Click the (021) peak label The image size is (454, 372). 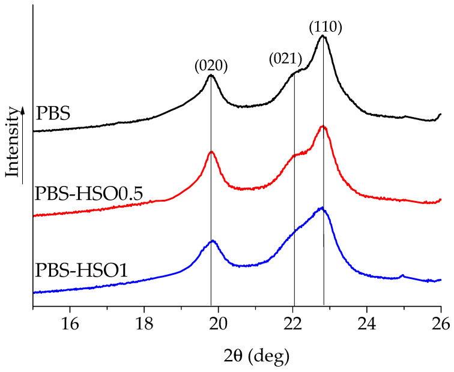click(x=285, y=59)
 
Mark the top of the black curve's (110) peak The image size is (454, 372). click(x=323, y=37)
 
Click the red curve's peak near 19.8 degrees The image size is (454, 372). click(x=211, y=152)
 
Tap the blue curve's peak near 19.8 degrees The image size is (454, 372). click(x=212, y=241)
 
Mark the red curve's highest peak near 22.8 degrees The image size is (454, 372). click(x=322, y=127)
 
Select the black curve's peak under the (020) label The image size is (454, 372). click(x=210, y=76)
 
